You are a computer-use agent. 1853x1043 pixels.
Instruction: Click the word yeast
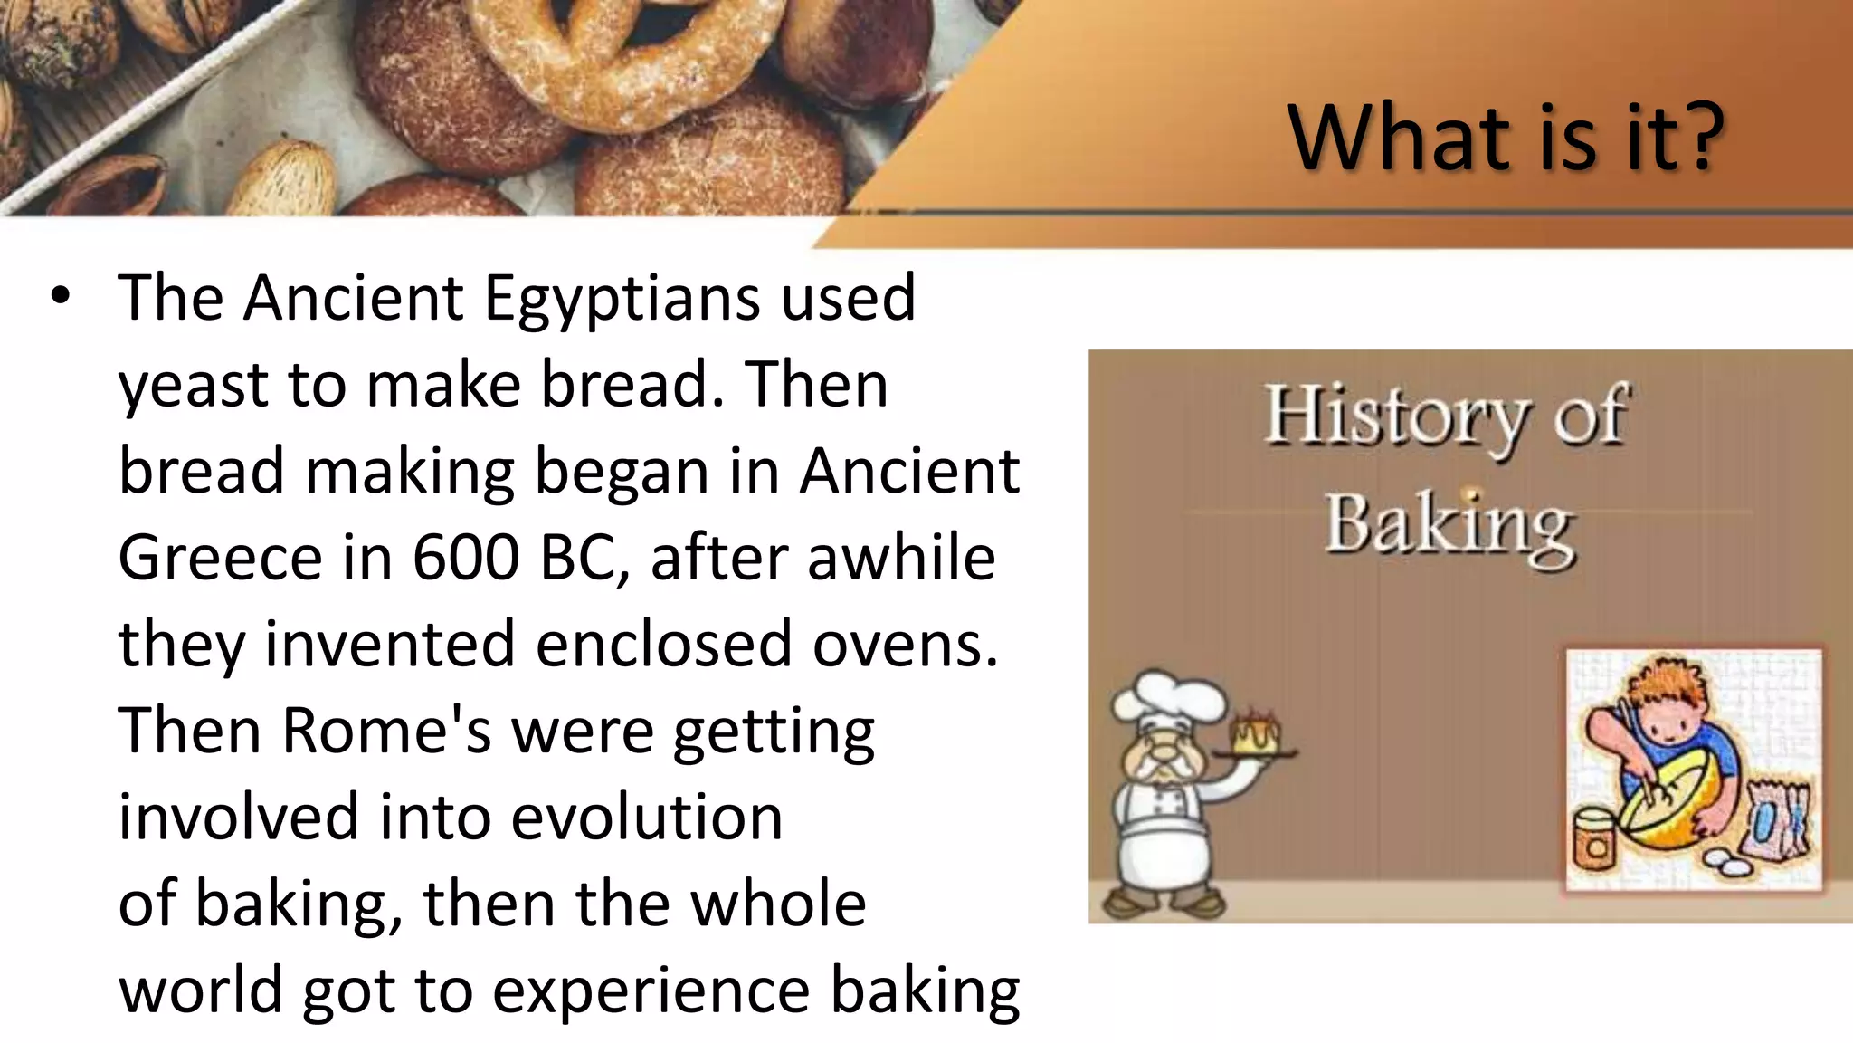pos(192,385)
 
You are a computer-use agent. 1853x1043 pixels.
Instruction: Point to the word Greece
pos(220,557)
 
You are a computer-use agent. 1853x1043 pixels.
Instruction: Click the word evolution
pos(647,817)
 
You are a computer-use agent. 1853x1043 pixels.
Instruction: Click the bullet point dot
pos(61,297)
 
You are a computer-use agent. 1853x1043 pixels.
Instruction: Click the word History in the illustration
pos(1393,417)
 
